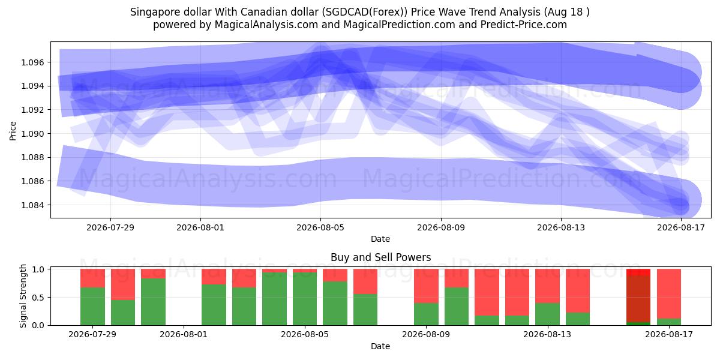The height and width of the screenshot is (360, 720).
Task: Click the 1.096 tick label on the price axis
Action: click(32, 62)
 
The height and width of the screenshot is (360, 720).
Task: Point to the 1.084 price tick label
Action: click(32, 205)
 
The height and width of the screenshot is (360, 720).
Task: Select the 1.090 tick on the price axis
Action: click(32, 134)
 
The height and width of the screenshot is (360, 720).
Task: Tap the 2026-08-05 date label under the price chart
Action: click(320, 227)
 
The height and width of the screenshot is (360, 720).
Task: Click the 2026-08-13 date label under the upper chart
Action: click(561, 227)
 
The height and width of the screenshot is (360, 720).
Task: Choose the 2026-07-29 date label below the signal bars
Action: click(92, 334)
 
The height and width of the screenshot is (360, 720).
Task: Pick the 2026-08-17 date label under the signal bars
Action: click(669, 334)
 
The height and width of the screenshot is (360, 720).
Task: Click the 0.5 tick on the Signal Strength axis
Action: click(38, 298)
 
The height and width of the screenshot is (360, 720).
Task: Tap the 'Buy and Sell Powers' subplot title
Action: click(380, 257)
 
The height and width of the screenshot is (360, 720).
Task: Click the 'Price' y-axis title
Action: click(13, 131)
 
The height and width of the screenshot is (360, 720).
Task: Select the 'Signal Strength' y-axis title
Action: click(23, 296)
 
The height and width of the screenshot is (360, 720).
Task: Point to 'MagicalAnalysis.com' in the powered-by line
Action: click(266, 25)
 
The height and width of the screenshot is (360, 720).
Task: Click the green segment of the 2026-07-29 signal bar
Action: click(92, 307)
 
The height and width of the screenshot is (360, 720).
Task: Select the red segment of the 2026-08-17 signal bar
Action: click(669, 294)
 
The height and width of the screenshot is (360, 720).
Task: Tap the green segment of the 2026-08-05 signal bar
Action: click(305, 299)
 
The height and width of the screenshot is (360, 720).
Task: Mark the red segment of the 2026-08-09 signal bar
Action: click(426, 286)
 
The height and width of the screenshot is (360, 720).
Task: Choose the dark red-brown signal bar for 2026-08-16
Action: click(638, 299)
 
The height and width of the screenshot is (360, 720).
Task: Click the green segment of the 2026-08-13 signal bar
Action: click(547, 314)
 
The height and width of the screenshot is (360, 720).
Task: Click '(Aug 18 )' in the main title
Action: click(566, 12)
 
